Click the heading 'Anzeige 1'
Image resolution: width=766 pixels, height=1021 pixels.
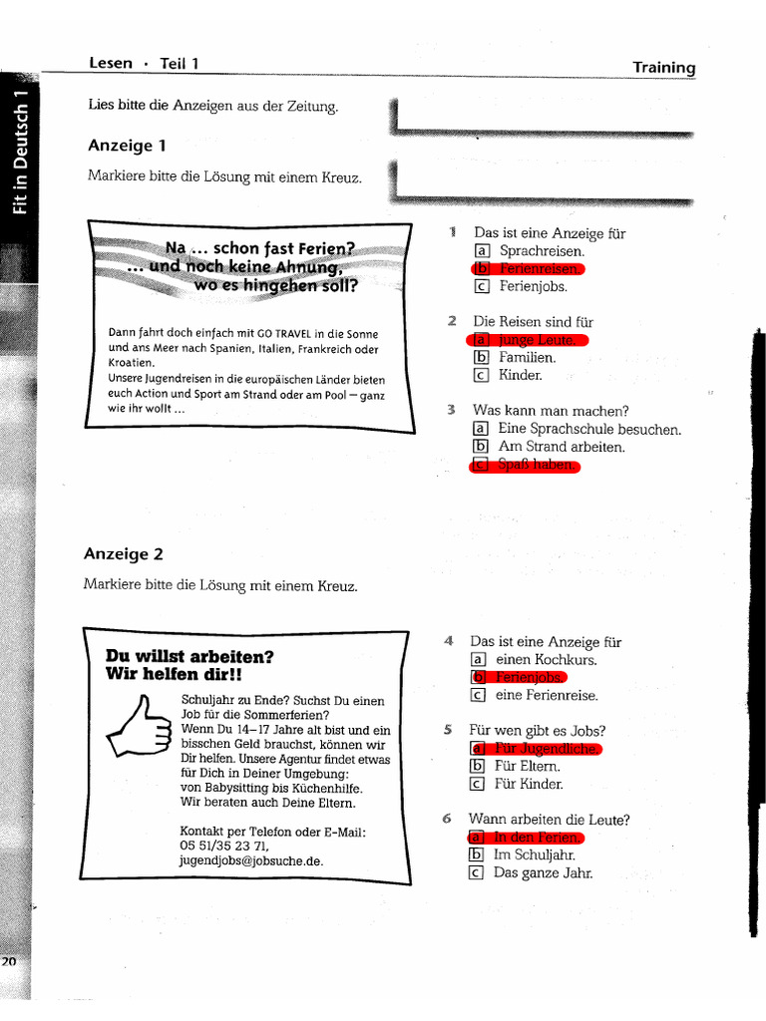pos(127,146)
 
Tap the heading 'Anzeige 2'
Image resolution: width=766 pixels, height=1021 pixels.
pos(123,554)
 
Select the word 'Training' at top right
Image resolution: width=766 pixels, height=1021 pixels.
pos(663,68)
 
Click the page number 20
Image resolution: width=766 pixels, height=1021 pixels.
pos(9,961)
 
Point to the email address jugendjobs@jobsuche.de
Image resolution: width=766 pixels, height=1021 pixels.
pos(251,860)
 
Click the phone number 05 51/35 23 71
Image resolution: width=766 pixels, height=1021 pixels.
pos(224,846)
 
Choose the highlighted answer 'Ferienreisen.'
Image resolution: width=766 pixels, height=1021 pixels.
pos(538,269)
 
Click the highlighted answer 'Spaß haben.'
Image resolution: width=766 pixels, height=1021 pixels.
pos(537,465)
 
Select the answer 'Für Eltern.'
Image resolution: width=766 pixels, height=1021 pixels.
pos(528,766)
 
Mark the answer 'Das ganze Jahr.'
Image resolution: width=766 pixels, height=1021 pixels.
pos(543,872)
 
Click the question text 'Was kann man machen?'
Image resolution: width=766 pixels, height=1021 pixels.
pos(551,411)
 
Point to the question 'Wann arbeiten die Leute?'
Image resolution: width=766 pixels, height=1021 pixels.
pos(549,820)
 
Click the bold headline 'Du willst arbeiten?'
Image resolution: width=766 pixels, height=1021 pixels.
pos(189,656)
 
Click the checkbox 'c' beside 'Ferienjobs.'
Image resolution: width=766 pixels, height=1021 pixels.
pos(482,287)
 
